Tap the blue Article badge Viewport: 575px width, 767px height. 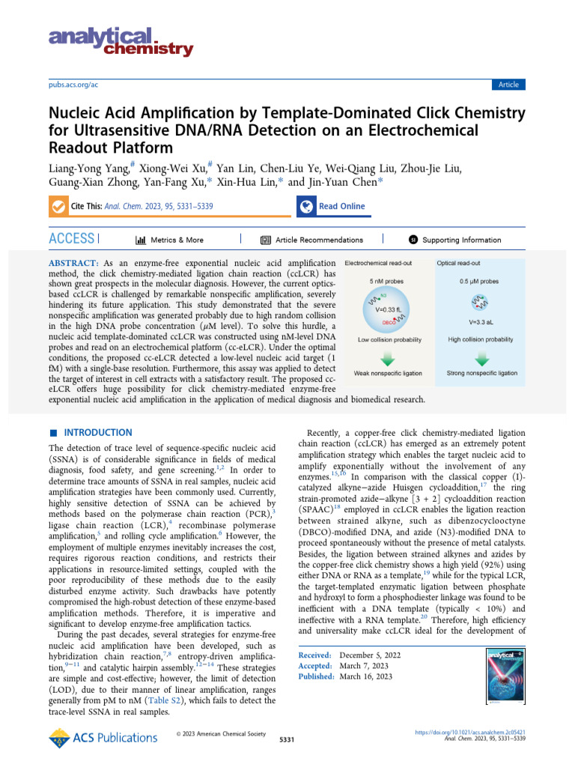point(508,85)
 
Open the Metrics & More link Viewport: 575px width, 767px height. point(169,240)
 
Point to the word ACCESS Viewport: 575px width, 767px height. point(71,239)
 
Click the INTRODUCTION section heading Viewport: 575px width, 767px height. point(97,433)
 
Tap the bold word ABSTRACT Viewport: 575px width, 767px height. point(73,264)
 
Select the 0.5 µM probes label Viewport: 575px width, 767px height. point(478,282)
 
